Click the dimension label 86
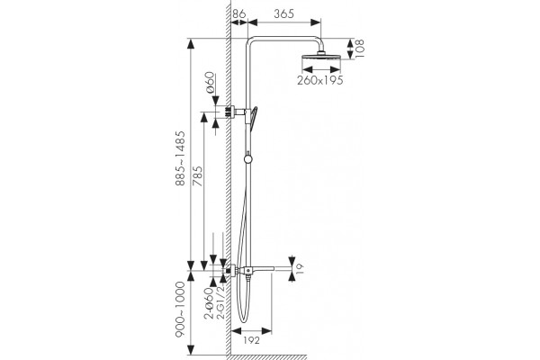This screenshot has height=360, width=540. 239,13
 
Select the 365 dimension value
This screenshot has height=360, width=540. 284,13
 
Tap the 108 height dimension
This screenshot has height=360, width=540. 359,49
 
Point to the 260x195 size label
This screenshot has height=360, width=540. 320,80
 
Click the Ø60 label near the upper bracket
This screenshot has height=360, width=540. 210,83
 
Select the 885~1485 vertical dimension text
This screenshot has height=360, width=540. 180,158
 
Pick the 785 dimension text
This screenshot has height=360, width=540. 197,176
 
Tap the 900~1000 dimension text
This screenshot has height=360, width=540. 180,309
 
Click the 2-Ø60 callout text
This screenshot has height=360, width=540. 210,303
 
